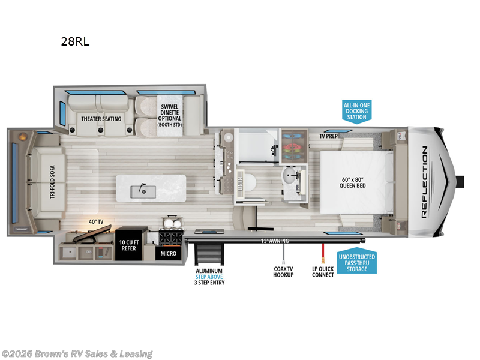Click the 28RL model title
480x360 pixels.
click(x=75, y=42)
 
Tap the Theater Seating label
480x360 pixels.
click(x=101, y=118)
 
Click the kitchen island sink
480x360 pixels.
click(x=143, y=190)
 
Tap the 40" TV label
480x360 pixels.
click(x=96, y=222)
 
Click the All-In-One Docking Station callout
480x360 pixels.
click(x=356, y=111)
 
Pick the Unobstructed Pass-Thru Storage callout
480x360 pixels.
click(x=356, y=261)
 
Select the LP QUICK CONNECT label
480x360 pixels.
click(x=323, y=271)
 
